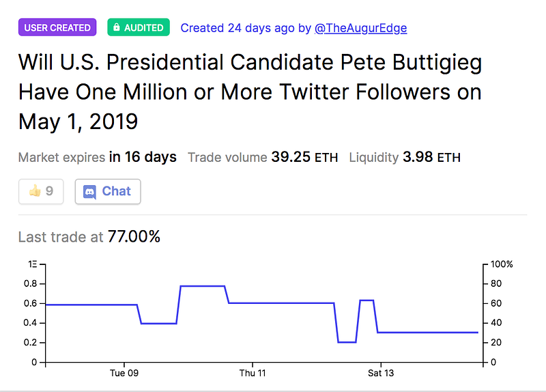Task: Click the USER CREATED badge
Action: tap(57, 27)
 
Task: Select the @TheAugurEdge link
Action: tap(361, 28)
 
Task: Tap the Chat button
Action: tap(108, 191)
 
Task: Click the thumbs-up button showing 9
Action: tap(41, 191)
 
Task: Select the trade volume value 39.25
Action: tap(291, 157)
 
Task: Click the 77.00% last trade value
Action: tap(134, 237)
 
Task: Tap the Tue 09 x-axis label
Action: tap(124, 374)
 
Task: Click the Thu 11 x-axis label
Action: tap(252, 374)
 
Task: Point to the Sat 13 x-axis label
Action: tap(380, 374)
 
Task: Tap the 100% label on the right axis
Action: tap(502, 264)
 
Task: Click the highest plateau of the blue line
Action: tap(202, 286)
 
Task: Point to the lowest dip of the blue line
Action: tap(347, 341)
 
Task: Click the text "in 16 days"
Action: tap(143, 157)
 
